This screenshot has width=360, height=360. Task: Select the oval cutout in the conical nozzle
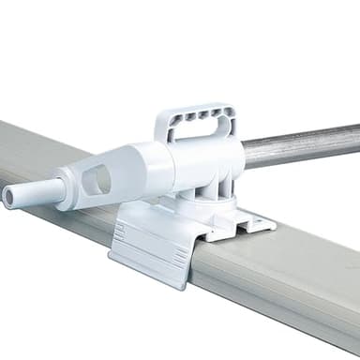pos(97,179)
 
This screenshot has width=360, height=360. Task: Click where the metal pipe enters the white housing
pos(246,154)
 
